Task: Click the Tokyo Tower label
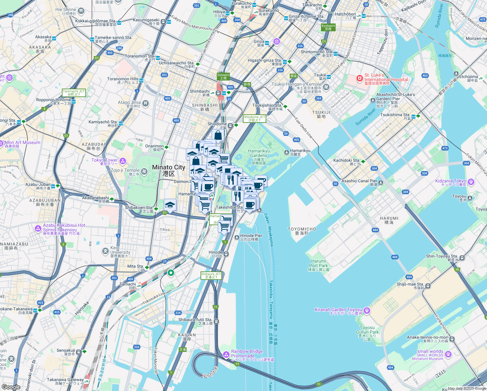[104, 162]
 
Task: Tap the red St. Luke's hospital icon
[359, 79]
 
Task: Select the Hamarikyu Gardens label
[259, 153]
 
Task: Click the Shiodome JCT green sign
[255, 119]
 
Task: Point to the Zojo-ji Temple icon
[144, 170]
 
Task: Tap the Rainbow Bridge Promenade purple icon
[226, 354]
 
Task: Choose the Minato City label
[169, 170]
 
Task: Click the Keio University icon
[105, 251]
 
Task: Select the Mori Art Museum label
[22, 144]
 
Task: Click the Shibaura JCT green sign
[211, 276]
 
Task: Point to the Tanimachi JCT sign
[74, 93]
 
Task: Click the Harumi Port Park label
[319, 265]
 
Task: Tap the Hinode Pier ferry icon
[237, 238]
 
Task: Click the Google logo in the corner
[11, 387]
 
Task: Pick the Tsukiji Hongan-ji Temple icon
[327, 87]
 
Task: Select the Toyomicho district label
[302, 231]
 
